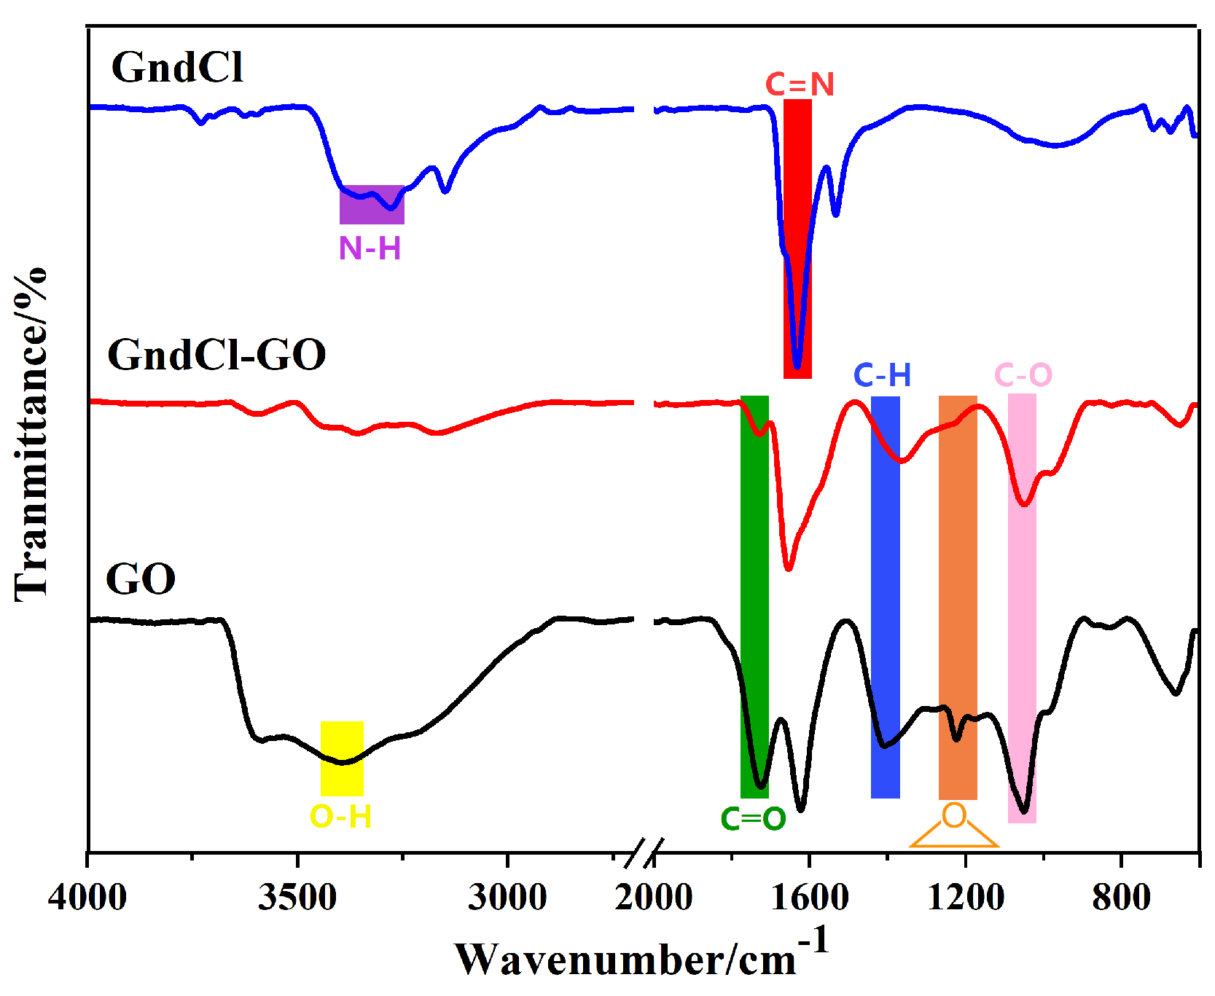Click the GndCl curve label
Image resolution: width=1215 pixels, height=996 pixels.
pyautogui.click(x=177, y=68)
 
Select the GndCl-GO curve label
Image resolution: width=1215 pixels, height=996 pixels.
pyautogui.click(x=216, y=356)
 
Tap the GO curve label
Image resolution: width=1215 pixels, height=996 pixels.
pyautogui.click(x=141, y=580)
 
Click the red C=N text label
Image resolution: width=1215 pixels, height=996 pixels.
pyautogui.click(x=800, y=85)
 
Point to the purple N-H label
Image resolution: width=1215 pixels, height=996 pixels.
pyautogui.click(x=370, y=249)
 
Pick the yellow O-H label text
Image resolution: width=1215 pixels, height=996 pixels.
pyautogui.click(x=340, y=817)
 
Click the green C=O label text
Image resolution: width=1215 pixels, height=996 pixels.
pyautogui.click(x=753, y=819)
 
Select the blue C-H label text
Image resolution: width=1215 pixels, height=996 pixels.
pyautogui.click(x=882, y=376)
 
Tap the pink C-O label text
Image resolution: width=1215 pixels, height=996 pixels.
pyautogui.click(x=1023, y=376)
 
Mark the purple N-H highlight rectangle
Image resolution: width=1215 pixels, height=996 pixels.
pyautogui.click(x=372, y=205)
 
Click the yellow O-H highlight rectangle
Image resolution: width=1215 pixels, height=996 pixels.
pyautogui.click(x=342, y=759)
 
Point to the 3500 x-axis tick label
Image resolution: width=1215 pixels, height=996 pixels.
pyautogui.click(x=297, y=897)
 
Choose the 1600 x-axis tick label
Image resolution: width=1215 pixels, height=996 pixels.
pyautogui.click(x=810, y=897)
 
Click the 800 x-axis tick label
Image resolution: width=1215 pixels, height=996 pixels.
pyautogui.click(x=1121, y=897)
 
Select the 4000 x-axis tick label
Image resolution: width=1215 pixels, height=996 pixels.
pyautogui.click(x=87, y=897)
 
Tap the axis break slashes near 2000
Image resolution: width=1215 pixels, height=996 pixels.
pyautogui.click(x=645, y=852)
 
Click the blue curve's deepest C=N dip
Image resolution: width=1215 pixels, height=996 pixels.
pyautogui.click(x=797, y=366)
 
